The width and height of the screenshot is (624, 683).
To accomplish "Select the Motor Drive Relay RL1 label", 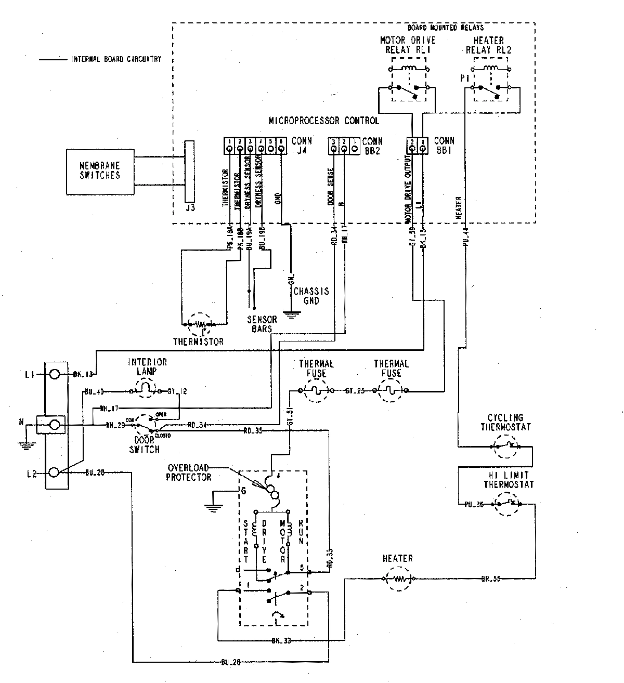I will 408,45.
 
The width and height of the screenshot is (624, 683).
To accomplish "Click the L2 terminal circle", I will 54,472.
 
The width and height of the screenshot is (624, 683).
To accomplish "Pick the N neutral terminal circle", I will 54,425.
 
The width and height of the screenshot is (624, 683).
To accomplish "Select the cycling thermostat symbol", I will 505,445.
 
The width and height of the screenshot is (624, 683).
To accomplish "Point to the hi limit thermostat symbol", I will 505,504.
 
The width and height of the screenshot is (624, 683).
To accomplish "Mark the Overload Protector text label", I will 188,472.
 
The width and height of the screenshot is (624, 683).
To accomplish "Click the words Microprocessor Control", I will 323,121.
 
